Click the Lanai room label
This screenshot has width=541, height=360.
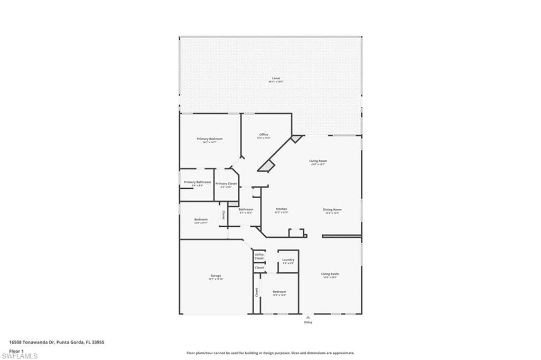point(275,78)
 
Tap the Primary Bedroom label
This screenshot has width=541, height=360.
point(209,139)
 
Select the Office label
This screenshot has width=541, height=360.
point(264,135)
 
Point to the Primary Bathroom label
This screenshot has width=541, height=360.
point(197,182)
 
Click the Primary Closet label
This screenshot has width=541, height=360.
point(226,183)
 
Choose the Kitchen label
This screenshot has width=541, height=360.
point(281,209)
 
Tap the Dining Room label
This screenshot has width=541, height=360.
point(332,209)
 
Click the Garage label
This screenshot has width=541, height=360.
point(216,276)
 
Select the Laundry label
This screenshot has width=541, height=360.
point(288,260)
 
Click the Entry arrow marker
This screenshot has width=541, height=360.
point(308,317)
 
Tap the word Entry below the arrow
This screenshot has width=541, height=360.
point(308,322)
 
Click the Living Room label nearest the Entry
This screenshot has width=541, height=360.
point(330,274)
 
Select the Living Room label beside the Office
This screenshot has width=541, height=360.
point(318,161)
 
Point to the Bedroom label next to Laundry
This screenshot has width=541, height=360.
point(279,292)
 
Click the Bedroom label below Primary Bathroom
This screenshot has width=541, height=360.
point(201,219)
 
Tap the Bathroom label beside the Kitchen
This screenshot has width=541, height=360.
point(246,209)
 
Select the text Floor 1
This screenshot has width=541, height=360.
point(16,350)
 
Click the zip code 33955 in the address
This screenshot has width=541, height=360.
point(97,342)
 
